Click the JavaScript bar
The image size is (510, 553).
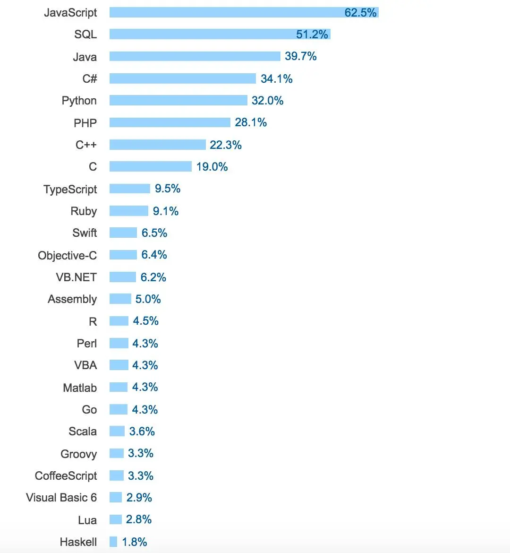[227, 12]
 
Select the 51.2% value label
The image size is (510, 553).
[312, 35]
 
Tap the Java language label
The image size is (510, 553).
[85, 57]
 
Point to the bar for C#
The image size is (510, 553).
[182, 78]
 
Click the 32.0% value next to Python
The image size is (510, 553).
[267, 101]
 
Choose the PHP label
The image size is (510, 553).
[85, 123]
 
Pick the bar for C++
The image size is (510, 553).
[157, 145]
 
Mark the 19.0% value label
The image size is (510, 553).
[212, 167]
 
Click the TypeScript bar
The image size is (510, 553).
[129, 189]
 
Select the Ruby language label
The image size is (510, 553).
[84, 211]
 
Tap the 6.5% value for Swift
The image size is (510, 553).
[154, 233]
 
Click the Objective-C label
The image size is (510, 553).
[68, 255]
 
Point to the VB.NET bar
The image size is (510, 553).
[122, 277]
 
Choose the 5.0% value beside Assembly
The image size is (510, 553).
[148, 299]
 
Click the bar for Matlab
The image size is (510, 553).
[118, 387]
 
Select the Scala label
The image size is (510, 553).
[83, 432]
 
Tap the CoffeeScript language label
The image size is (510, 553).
[66, 475]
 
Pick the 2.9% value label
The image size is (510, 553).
[139, 498]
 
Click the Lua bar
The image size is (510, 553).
[115, 519]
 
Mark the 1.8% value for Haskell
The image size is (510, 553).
[134, 542]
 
